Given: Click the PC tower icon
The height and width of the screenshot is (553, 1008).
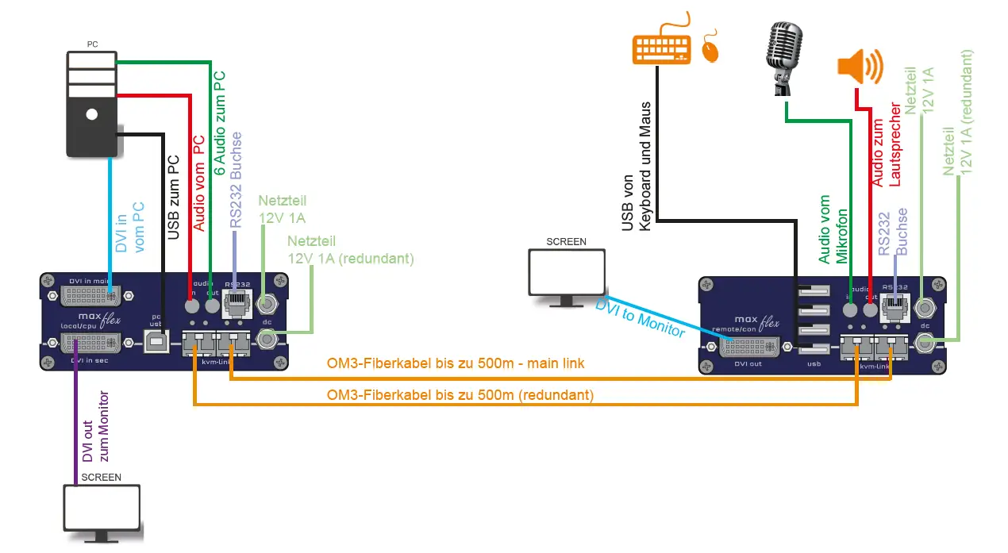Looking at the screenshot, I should pos(91,104).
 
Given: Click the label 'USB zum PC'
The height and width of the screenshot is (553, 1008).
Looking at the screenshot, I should pos(175,196).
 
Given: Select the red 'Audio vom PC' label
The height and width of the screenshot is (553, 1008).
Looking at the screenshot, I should pos(198,182).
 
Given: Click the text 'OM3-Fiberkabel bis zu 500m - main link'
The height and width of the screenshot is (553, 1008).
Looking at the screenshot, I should pos(456,363).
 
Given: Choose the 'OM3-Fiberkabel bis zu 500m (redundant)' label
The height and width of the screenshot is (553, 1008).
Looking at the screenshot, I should pos(460,394).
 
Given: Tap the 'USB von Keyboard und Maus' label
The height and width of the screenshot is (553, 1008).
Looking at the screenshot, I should pos(637,167).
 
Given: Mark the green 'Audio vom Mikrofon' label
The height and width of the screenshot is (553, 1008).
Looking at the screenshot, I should pos(833,229).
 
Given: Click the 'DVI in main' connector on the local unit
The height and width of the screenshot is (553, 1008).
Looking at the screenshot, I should pos(91,297).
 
